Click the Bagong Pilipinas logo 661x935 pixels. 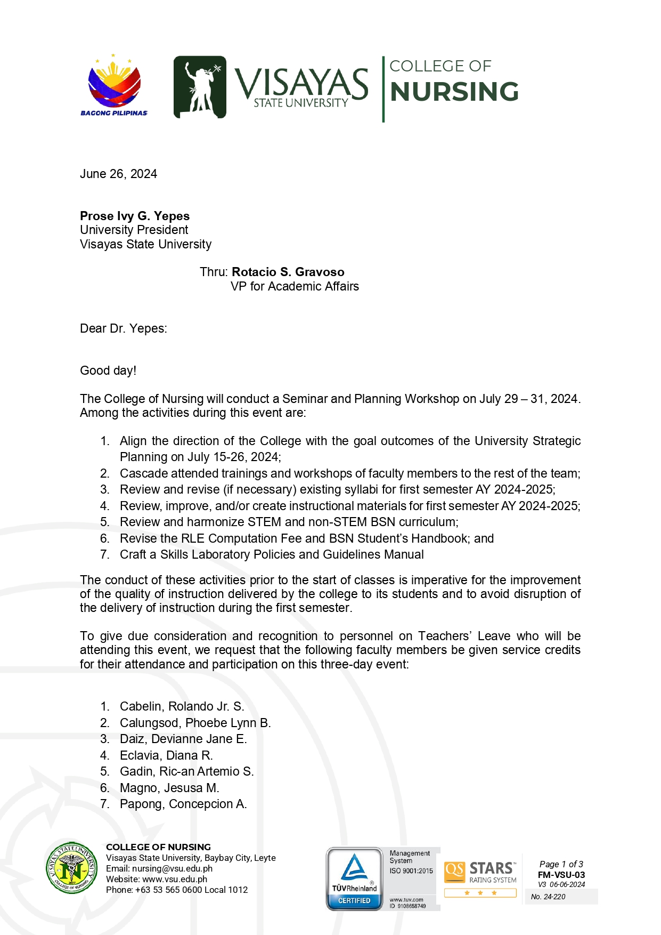pos(114,85)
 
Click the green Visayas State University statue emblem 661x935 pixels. pos(200,87)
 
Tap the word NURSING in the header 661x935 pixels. pos(454,92)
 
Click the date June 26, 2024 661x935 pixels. pos(118,174)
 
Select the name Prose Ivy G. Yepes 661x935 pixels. pos(135,216)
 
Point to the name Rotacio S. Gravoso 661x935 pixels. pos(288,272)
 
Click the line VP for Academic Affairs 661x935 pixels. pos(295,286)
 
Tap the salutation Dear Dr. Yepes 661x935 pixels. pos(123,328)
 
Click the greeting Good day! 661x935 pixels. pos(108,370)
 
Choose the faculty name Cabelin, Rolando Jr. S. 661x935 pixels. pos(182,706)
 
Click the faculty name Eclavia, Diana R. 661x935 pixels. pos(166,755)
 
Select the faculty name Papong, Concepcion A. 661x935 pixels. pos(183,804)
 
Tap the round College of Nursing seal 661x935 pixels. pos(72,868)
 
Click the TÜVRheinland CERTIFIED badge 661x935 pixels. pos(354,878)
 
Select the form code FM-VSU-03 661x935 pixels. pos(561,875)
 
